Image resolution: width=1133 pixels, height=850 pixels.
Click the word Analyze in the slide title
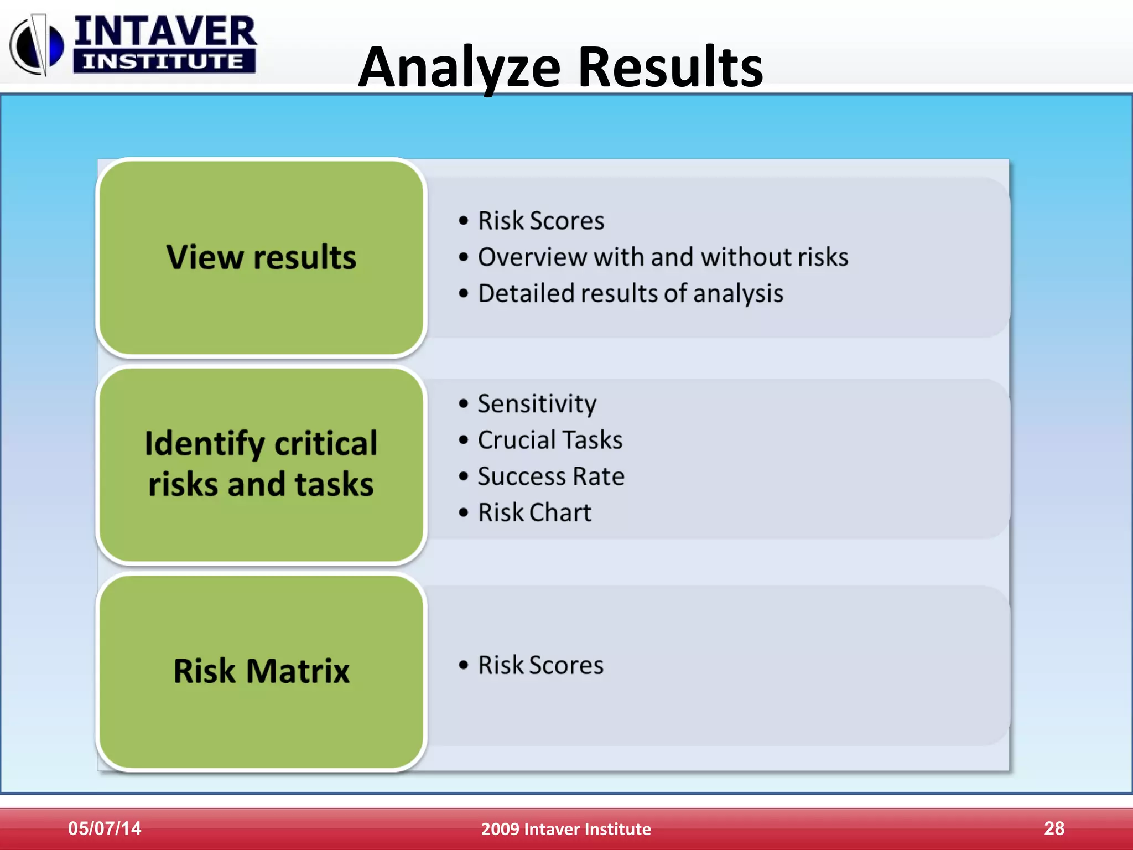pyautogui.click(x=459, y=68)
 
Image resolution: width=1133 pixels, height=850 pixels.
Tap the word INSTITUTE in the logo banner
pyautogui.click(x=164, y=61)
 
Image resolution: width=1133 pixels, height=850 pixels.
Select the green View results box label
pyautogui.click(x=261, y=257)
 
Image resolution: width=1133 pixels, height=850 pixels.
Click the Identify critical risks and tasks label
pyautogui.click(x=261, y=464)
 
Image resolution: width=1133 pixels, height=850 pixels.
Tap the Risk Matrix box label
pyautogui.click(x=261, y=671)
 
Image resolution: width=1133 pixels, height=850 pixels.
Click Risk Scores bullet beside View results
pyautogui.click(x=540, y=221)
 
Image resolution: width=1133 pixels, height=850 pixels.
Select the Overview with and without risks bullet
pyautogui.click(x=662, y=257)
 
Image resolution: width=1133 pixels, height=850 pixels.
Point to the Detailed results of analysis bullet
pyautogui.click(x=630, y=293)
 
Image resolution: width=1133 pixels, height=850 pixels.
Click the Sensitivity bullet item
pyautogui.click(x=537, y=403)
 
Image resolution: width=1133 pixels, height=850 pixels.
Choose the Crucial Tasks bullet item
pyautogui.click(x=550, y=440)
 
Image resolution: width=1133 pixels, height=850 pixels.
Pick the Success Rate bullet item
pyautogui.click(x=551, y=476)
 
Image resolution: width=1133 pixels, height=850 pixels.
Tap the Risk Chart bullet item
pyautogui.click(x=534, y=512)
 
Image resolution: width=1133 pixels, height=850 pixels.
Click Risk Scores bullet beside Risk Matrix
pyautogui.click(x=540, y=665)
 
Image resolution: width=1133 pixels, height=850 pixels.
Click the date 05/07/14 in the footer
pyautogui.click(x=105, y=828)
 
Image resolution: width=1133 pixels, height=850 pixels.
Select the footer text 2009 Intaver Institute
pyautogui.click(x=566, y=829)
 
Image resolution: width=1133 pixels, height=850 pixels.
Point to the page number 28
pyautogui.click(x=1054, y=828)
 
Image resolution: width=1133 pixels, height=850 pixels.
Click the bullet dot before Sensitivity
pyautogui.click(x=464, y=403)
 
